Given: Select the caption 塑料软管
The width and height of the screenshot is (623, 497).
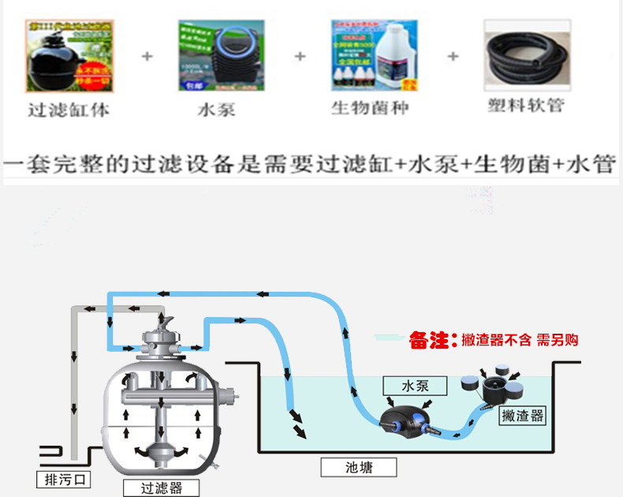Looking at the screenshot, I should (x=525, y=105).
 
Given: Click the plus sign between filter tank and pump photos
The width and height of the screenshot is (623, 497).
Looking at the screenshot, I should (x=145, y=57).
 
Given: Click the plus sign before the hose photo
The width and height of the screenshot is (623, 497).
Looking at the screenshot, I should (x=453, y=57).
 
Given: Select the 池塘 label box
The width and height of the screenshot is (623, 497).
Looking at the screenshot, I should (x=357, y=467).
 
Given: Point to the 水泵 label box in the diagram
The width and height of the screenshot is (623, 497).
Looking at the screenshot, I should (x=414, y=385).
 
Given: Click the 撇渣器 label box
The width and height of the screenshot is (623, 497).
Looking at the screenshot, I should (x=523, y=416).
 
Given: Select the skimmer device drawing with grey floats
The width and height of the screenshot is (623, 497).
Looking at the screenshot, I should (x=494, y=387).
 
